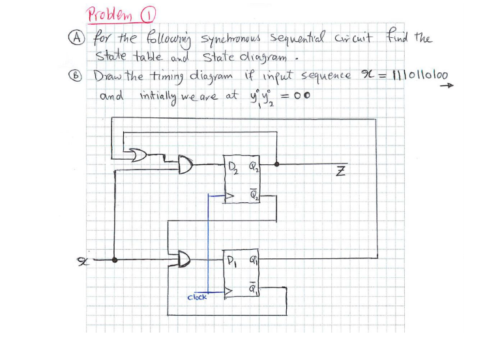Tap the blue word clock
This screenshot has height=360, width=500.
[x=197, y=297]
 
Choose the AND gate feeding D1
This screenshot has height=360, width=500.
[x=186, y=260]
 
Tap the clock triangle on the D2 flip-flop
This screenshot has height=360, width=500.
[x=229, y=194]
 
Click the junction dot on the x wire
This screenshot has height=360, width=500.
[x=116, y=260]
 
